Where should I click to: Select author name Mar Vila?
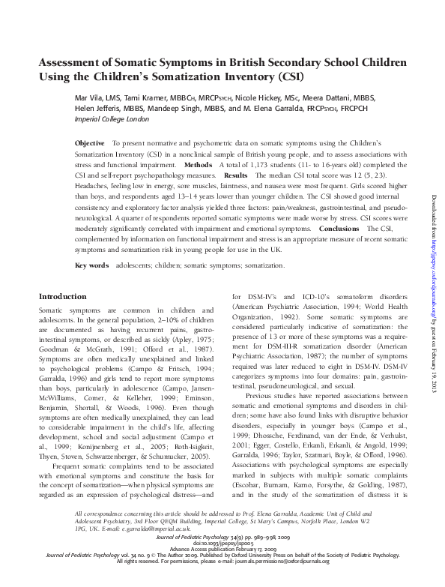(x=88, y=97)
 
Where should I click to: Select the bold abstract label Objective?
(x=91, y=142)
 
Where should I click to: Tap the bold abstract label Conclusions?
(x=340, y=226)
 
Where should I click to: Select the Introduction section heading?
(x=62, y=297)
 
